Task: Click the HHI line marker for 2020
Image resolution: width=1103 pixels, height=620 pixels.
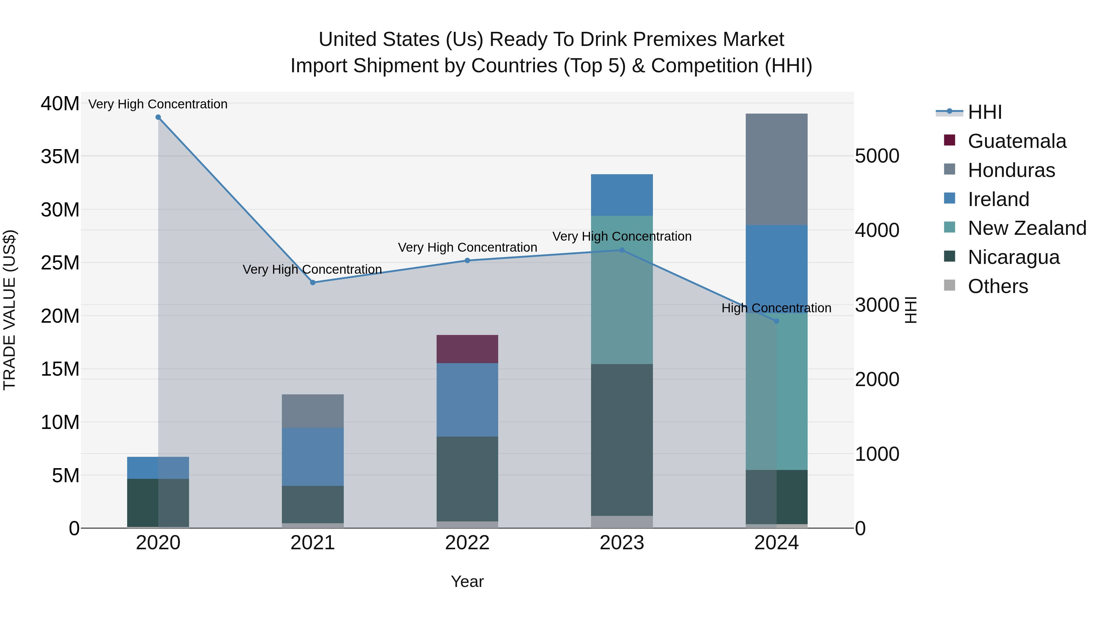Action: [x=158, y=117]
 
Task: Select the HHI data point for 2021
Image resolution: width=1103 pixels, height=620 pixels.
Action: [x=313, y=282]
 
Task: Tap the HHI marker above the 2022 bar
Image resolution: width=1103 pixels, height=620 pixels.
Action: [x=467, y=261]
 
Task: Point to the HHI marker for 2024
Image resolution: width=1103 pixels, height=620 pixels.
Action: [x=776, y=321]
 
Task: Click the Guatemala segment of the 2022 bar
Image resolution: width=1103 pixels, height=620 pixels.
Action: [x=467, y=349]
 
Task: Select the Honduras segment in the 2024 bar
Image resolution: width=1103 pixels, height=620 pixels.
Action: [x=776, y=169]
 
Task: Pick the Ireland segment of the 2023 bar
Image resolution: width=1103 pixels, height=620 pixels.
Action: [x=622, y=195]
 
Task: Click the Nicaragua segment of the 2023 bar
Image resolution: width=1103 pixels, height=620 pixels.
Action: [x=622, y=440]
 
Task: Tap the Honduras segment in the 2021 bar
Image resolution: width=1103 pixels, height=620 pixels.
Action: [x=313, y=411]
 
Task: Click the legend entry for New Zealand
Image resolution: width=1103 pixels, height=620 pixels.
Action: [x=1026, y=228]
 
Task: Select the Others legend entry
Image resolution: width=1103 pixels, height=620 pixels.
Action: [x=997, y=286]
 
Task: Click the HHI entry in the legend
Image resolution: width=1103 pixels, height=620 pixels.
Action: [x=984, y=112]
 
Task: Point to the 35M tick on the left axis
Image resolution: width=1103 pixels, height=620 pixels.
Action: [x=60, y=156]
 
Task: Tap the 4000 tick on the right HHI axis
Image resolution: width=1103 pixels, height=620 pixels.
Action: [x=877, y=230]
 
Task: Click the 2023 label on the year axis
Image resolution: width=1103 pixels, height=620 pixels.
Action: [x=622, y=543]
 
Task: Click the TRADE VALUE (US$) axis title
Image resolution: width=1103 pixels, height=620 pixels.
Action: [x=10, y=310]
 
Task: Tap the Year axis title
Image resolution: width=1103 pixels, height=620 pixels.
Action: [x=467, y=581]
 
